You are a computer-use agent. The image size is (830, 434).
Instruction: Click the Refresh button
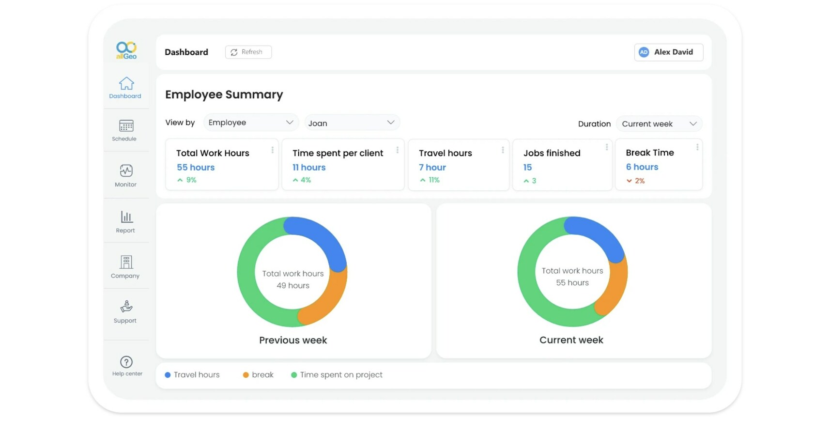tap(248, 52)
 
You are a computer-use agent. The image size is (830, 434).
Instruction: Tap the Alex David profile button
tap(668, 52)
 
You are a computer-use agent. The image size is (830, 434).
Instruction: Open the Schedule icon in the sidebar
tap(126, 126)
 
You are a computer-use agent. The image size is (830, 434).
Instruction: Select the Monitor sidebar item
tap(126, 171)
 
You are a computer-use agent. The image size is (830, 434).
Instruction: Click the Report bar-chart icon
tap(126, 217)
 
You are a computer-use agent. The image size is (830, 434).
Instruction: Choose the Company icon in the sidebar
tap(126, 262)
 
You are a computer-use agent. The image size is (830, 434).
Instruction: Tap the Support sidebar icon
tap(126, 307)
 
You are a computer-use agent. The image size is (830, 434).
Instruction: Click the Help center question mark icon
tap(126, 362)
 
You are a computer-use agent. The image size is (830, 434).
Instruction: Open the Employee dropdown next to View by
tap(251, 123)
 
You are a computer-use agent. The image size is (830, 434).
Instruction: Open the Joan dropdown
tap(352, 123)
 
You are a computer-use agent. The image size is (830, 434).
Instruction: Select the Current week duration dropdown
tap(659, 124)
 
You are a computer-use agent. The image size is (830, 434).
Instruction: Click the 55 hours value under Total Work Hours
tap(196, 168)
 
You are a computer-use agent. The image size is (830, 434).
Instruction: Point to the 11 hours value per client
tap(309, 168)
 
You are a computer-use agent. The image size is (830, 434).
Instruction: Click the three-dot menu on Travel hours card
tap(503, 150)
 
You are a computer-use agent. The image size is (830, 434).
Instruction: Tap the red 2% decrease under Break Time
tap(636, 181)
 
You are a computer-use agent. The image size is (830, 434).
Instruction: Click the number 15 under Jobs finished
tap(527, 168)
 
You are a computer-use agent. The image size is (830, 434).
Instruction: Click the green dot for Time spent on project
tap(294, 375)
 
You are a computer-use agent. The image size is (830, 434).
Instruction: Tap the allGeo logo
tap(126, 50)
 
